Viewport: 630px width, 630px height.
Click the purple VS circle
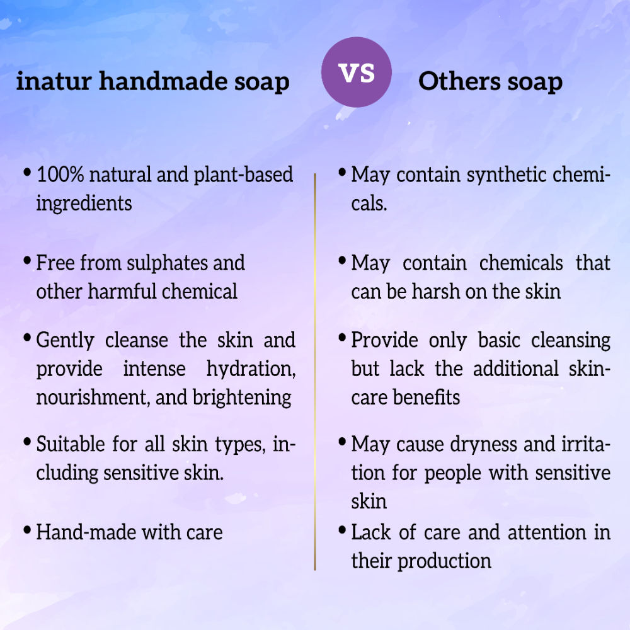click(x=356, y=72)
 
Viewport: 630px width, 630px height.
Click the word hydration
click(x=251, y=369)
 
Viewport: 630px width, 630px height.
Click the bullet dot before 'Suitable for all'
click(x=27, y=442)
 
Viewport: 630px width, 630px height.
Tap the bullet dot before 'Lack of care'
click(x=341, y=530)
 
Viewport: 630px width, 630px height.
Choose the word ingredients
click(x=84, y=203)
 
